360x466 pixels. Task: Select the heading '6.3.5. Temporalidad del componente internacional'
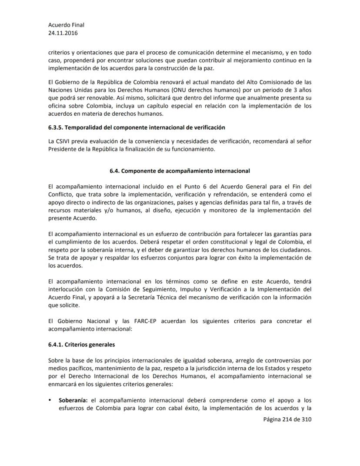tap(137, 127)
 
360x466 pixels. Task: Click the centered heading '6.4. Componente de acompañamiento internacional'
tap(180, 171)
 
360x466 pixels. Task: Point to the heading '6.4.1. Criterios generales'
tap(82, 345)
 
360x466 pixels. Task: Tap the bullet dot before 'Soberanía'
tap(50, 400)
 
